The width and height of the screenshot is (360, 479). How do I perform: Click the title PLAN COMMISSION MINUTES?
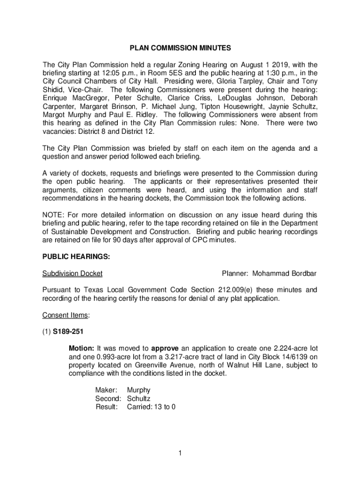coord(180,48)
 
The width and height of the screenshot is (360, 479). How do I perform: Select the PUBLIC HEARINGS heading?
coord(76,257)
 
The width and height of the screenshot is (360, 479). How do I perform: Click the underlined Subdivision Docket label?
coord(72,273)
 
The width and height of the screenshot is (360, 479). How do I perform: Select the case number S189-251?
coord(69,332)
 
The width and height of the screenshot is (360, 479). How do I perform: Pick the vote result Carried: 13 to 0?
coord(151,406)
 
